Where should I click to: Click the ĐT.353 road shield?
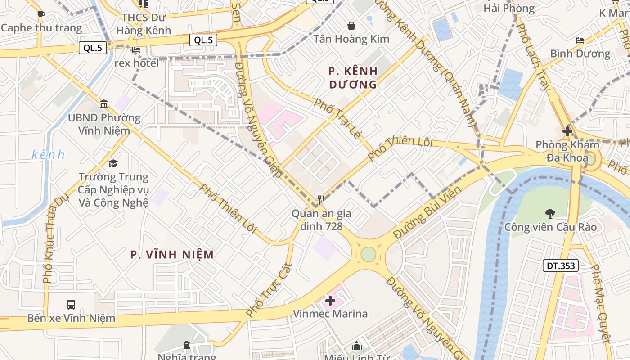(560, 265)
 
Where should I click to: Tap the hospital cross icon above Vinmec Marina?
(330, 300)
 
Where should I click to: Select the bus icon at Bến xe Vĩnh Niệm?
(71, 305)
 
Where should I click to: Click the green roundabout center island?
(368, 254)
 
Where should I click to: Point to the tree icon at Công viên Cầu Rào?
(550, 213)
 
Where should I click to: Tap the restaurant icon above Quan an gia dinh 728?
(321, 200)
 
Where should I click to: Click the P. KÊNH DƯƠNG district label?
(353, 78)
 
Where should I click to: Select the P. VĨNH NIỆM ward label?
(172, 255)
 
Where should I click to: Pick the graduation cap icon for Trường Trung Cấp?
(113, 163)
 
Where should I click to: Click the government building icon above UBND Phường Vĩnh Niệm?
(104, 104)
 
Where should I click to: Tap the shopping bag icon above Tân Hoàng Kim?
(351, 26)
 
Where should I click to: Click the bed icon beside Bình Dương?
(580, 40)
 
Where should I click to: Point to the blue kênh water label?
(48, 155)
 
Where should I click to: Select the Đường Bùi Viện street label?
(427, 212)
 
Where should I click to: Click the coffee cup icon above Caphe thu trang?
(41, 14)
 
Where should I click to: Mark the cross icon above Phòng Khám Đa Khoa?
(567, 131)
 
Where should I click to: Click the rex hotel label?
(136, 63)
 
